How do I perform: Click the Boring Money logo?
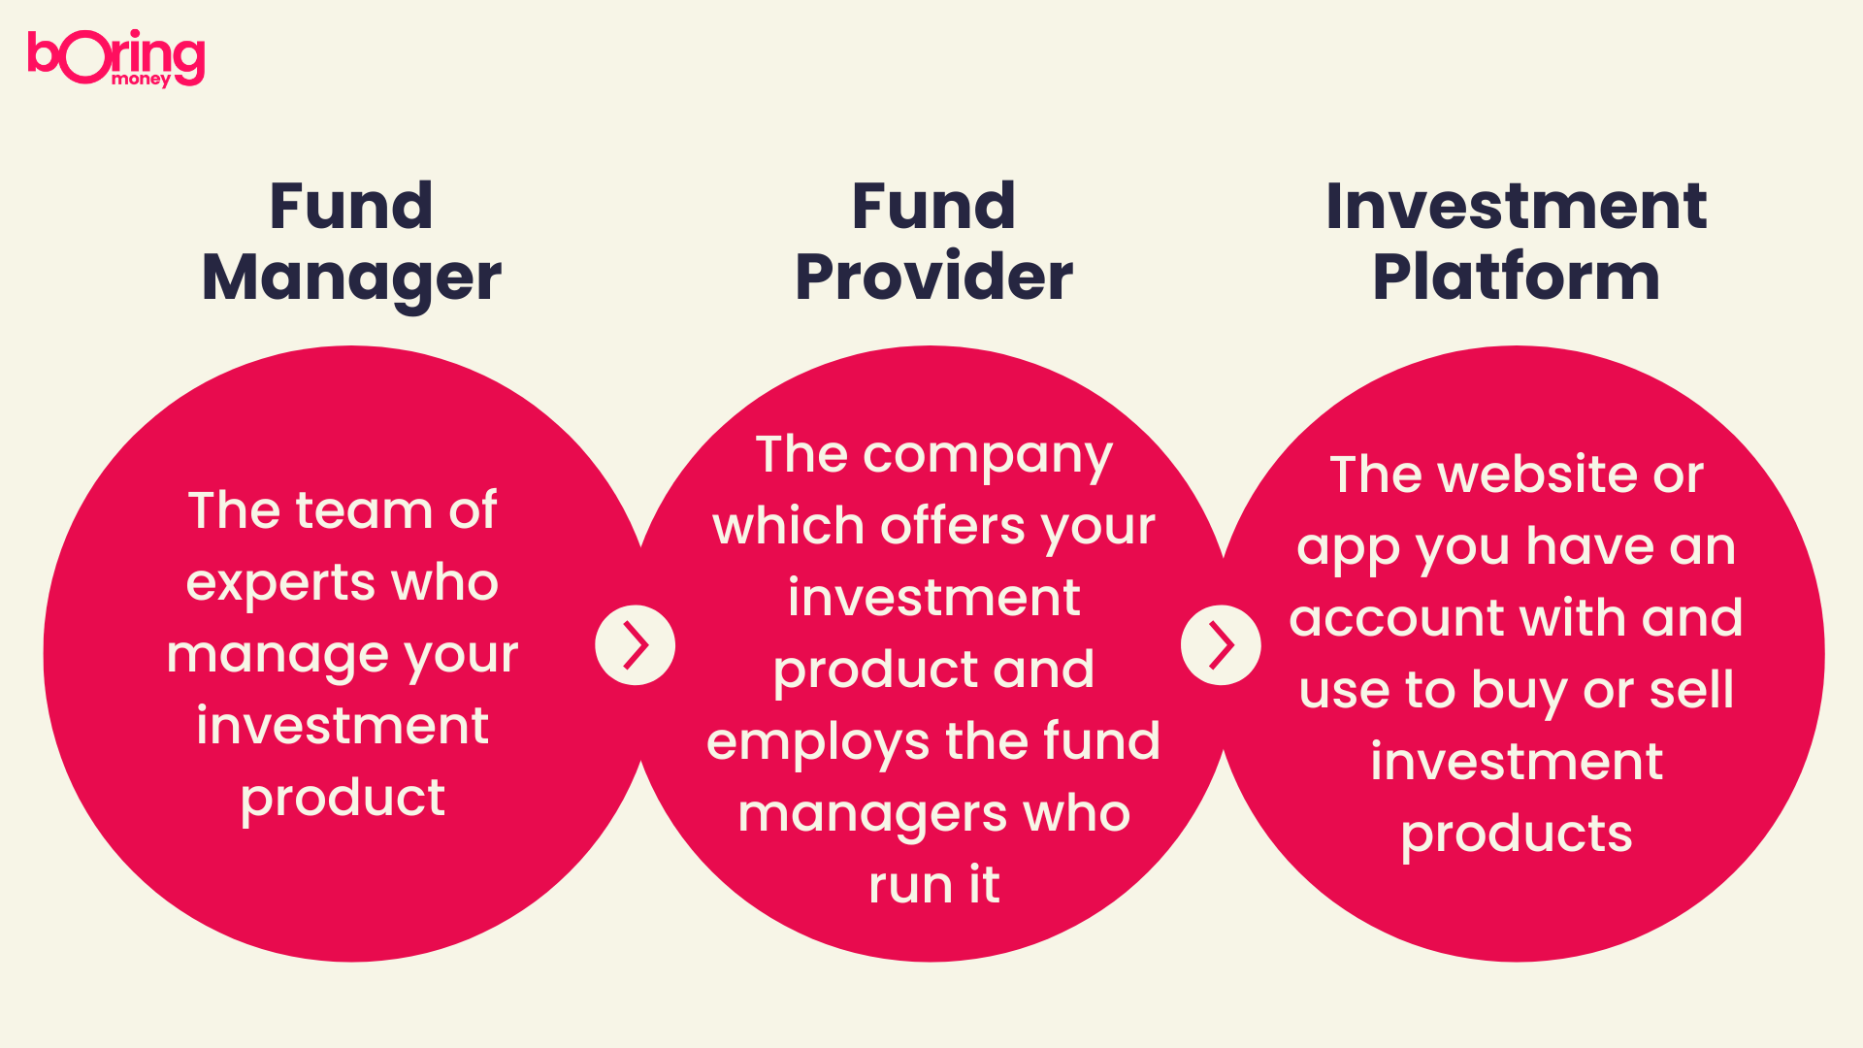tap(116, 58)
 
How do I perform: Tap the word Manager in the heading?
tap(351, 278)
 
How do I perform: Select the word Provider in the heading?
tap(933, 277)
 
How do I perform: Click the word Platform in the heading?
tap(1516, 277)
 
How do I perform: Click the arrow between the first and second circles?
tap(636, 645)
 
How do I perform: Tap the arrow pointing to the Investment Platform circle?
tap(1221, 645)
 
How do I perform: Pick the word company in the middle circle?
tap(988, 457)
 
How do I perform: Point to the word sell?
tap(1691, 689)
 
